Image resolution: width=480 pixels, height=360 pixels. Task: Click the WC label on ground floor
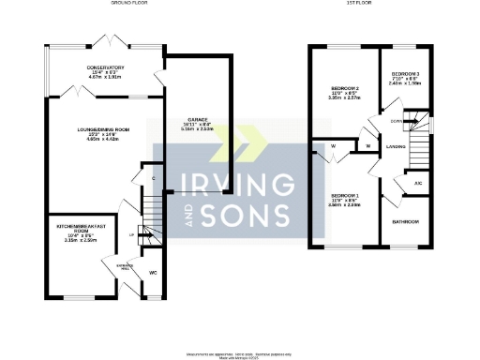coord(152,274)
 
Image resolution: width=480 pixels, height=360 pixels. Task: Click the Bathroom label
coord(405,221)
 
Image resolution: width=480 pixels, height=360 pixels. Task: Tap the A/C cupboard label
coord(417,183)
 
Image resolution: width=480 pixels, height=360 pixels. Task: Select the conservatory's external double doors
coord(105,43)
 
